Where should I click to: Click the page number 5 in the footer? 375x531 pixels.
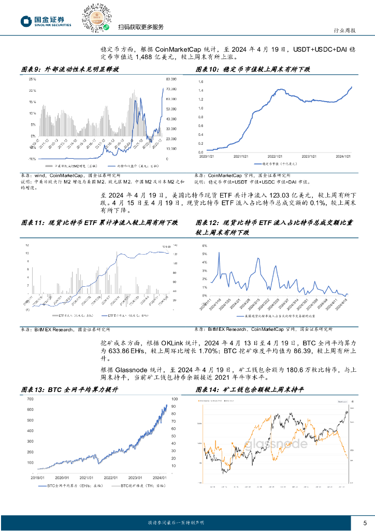pos(365,522)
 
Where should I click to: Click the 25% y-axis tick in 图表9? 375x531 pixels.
pos(32,79)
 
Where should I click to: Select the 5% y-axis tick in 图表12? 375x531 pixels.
pos(204,254)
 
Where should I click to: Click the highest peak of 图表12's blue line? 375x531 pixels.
pos(219,253)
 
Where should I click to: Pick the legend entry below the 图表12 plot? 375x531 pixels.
pos(275,316)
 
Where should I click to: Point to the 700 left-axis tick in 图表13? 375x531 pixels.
pos(30,399)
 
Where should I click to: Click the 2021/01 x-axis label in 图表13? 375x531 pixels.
pos(86,477)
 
